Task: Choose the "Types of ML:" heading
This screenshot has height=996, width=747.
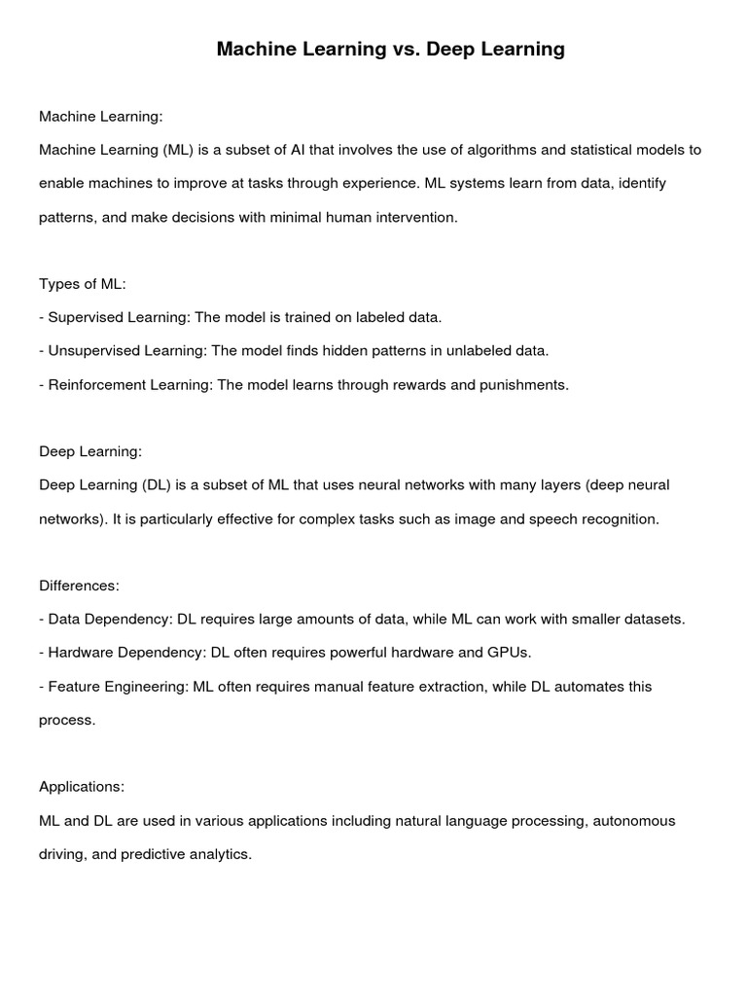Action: (x=83, y=284)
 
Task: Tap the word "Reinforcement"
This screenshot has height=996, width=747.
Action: (x=96, y=384)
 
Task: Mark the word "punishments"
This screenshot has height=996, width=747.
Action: (x=523, y=384)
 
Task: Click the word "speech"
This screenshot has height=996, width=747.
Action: (x=551, y=518)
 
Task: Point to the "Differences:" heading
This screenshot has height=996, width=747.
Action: (x=80, y=586)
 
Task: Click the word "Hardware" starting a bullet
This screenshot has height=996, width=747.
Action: (x=80, y=653)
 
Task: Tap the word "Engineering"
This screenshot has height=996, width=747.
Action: (x=147, y=687)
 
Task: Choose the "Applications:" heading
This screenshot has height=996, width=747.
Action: (x=82, y=787)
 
